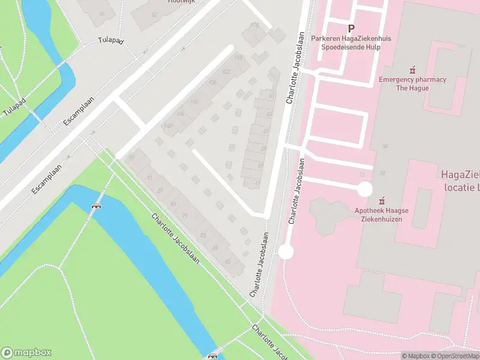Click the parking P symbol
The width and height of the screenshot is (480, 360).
pyautogui.click(x=351, y=28)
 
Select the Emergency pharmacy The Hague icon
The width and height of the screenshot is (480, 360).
pyautogui.click(x=412, y=70)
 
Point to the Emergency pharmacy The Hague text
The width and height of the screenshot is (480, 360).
pyautogui.click(x=412, y=83)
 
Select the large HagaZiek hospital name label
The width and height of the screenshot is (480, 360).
pyautogui.click(x=460, y=180)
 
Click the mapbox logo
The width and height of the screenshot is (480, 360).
pyautogui.click(x=26, y=353)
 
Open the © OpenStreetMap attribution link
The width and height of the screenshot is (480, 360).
pyautogui.click(x=454, y=356)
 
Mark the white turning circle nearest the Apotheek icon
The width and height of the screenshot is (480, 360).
pyautogui.click(x=365, y=190)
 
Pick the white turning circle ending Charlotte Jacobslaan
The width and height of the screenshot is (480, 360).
pyautogui.click(x=286, y=252)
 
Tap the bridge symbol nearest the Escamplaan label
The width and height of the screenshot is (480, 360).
pyautogui.click(x=95, y=206)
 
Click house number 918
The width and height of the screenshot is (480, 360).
pyautogui.click(x=237, y=58)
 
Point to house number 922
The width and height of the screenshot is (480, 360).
pyautogui.click(x=226, y=71)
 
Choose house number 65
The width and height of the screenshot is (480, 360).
pyautogui.click(x=227, y=261)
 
